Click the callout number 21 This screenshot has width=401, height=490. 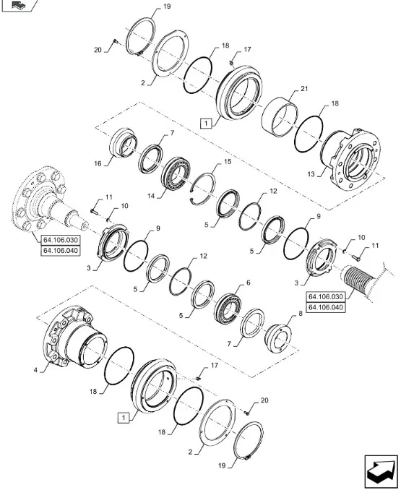click(x=304, y=89)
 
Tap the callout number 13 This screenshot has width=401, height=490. click(x=311, y=173)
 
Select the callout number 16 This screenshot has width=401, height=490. click(x=98, y=163)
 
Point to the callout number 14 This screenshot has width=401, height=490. click(x=151, y=197)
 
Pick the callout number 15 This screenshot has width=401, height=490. click(x=228, y=162)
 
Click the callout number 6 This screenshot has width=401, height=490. click(x=249, y=283)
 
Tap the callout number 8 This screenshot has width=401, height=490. click(x=301, y=314)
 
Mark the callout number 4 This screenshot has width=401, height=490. click(x=35, y=370)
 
